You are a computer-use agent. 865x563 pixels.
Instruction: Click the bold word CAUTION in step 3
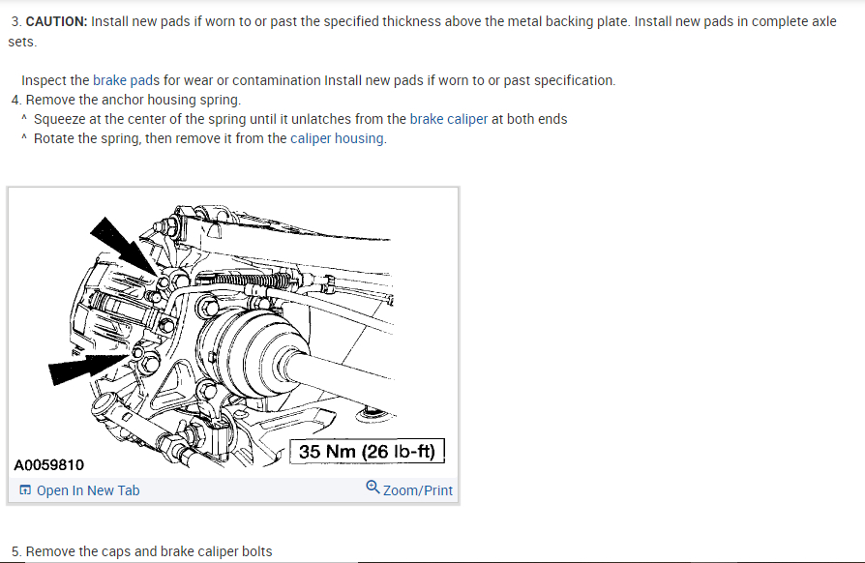point(56,21)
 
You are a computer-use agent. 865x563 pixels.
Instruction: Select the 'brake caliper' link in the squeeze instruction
point(448,119)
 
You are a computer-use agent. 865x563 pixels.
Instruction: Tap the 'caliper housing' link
point(337,138)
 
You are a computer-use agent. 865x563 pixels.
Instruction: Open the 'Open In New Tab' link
point(87,490)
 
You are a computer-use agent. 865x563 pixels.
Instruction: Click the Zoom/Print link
point(417,490)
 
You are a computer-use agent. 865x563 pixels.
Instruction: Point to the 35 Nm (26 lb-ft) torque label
point(369,452)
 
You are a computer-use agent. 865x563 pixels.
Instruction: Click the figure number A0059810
point(48,465)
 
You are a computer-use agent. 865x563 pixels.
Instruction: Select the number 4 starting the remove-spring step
point(15,100)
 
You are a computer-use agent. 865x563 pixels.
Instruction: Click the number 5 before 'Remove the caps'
point(15,551)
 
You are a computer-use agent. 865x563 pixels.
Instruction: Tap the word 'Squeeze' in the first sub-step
point(61,119)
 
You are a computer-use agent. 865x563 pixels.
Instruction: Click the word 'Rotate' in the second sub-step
point(55,138)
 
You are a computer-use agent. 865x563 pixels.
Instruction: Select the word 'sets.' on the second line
point(24,42)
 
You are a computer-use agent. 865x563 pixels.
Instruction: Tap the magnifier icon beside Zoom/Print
point(373,488)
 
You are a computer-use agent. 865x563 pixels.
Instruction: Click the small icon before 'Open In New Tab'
point(24,490)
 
